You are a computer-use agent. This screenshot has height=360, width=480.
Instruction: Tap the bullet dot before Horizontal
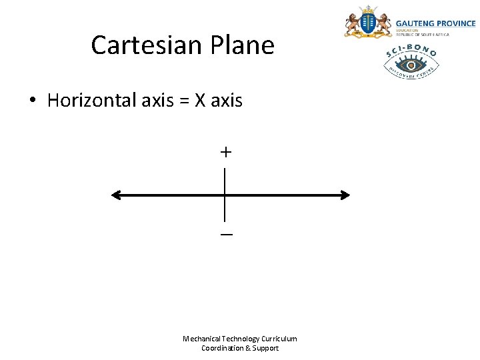pyautogui.click(x=31, y=102)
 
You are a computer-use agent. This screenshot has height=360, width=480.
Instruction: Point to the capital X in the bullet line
pyautogui.click(x=200, y=101)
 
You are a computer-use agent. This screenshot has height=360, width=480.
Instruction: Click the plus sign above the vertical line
pyautogui.click(x=226, y=153)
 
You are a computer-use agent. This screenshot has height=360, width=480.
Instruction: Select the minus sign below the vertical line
pyautogui.click(x=226, y=235)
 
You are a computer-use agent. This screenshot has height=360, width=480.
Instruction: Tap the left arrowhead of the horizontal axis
pyautogui.click(x=116, y=195)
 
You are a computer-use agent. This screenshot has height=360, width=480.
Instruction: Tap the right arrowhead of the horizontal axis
pyautogui.click(x=345, y=195)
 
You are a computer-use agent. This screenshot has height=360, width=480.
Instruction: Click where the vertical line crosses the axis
pyautogui.click(x=225, y=195)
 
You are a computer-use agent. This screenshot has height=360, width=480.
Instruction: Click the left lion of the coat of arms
pyautogui.click(x=352, y=25)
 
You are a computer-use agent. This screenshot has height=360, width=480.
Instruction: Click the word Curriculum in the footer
pyautogui.click(x=279, y=339)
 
